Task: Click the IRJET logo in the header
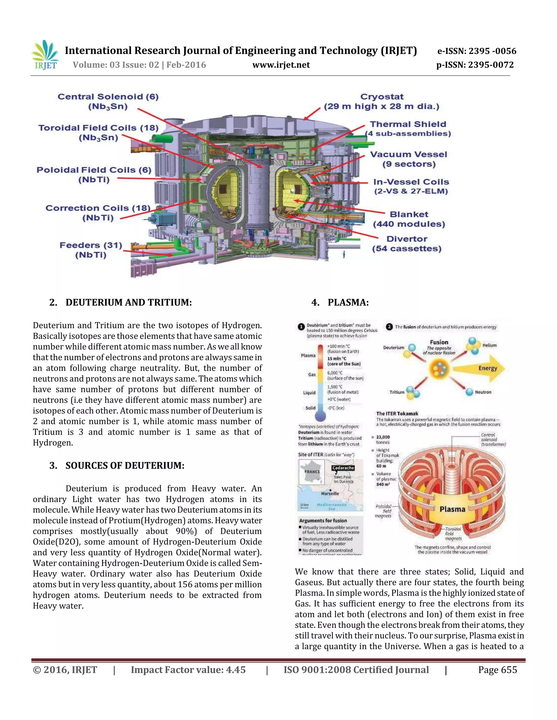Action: pos(45,55)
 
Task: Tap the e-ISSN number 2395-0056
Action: pos(477,51)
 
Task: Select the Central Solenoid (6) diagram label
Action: pos(108,101)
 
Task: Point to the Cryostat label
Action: pos(382,101)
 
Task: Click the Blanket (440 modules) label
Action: pos(409,219)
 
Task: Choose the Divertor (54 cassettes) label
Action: pos(407,244)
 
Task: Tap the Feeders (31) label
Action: pos(91,250)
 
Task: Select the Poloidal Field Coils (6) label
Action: pos(94,174)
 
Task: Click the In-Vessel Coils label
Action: pos(411,186)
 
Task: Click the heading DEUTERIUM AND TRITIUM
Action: pos(128,302)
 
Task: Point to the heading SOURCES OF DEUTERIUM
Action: pos(125,465)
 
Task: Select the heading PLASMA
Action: pos(348,302)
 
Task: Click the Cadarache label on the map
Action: pos(343,468)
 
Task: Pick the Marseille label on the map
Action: pos(330,493)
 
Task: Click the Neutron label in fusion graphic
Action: pos(483,392)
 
